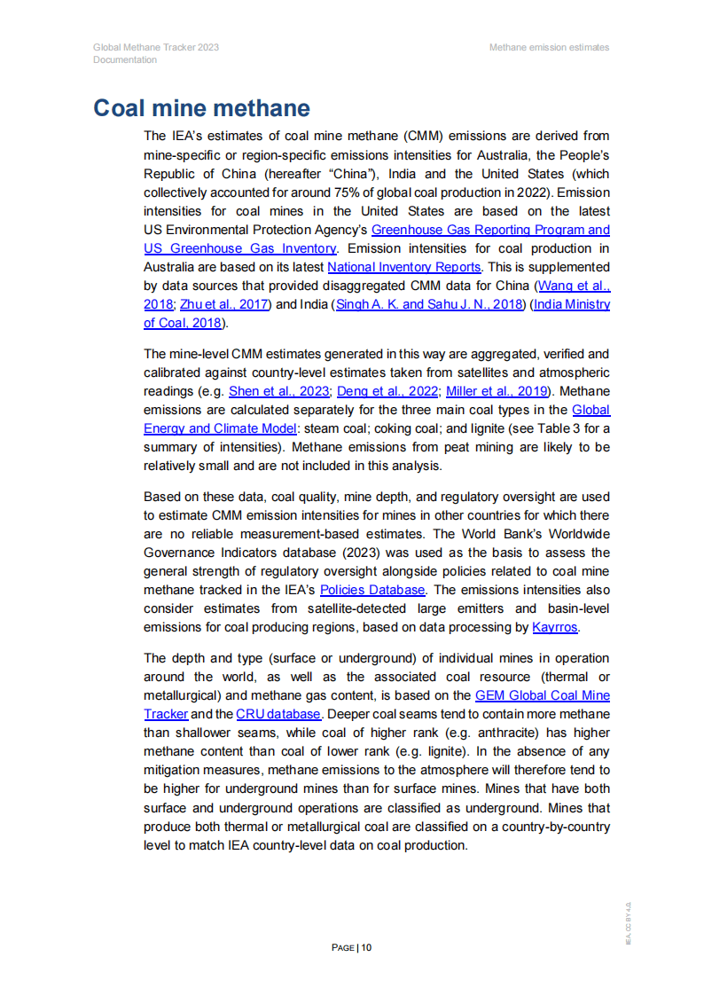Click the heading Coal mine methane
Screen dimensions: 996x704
(201, 109)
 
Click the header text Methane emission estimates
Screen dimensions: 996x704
(549, 47)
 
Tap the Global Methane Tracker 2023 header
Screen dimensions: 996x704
(156, 47)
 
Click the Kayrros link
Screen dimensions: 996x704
(554, 628)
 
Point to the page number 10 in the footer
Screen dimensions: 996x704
(366, 947)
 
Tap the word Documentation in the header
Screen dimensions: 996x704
(125, 60)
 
